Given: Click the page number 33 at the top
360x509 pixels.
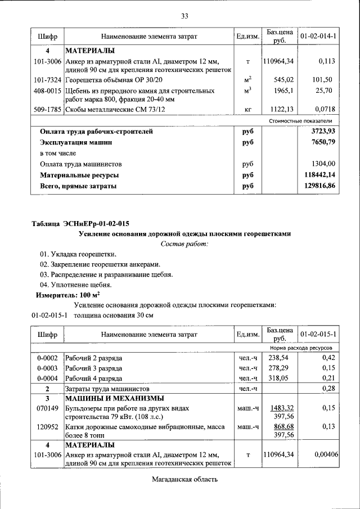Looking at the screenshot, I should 184,15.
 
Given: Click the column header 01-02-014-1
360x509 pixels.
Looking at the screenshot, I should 318,36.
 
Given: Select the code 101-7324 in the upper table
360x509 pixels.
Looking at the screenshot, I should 47,80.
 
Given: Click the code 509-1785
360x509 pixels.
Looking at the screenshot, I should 47,110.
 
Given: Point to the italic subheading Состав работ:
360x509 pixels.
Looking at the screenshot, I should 184,244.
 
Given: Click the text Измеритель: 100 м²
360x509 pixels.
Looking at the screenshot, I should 67,295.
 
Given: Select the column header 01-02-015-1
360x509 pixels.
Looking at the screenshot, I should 318,335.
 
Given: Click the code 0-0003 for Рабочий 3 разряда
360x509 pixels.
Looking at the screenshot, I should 47,368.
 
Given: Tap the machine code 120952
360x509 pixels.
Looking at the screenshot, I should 47,427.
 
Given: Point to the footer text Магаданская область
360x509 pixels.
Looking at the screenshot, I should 184,479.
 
